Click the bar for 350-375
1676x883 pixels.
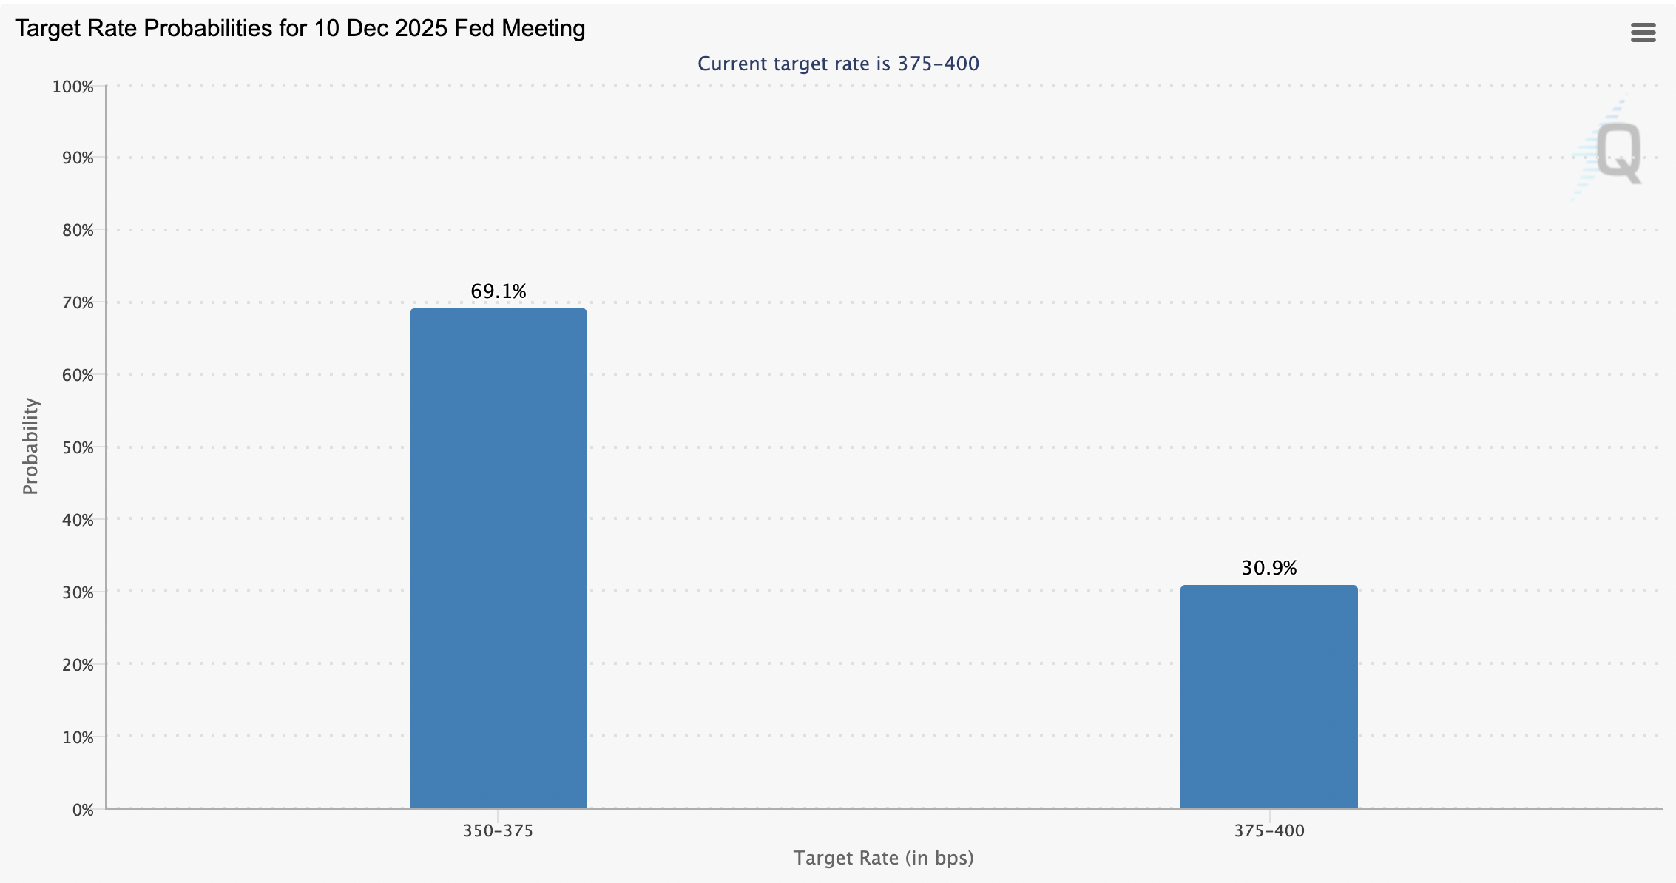click(498, 558)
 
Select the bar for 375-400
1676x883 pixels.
click(1268, 697)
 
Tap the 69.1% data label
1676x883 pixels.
click(498, 291)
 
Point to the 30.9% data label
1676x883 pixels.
click(1268, 568)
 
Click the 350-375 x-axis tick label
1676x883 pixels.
click(498, 830)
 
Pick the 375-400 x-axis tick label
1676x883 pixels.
click(1268, 830)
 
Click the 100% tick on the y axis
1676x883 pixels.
click(72, 87)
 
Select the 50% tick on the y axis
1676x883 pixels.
click(78, 447)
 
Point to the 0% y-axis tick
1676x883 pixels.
click(83, 810)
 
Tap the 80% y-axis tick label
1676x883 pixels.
click(78, 230)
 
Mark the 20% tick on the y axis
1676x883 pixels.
click(78, 665)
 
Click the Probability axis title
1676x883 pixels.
click(30, 446)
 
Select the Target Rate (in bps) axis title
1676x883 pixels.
click(883, 858)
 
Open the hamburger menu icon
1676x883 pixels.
click(1643, 33)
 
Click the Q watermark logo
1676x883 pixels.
click(1617, 152)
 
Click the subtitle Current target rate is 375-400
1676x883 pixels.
click(838, 64)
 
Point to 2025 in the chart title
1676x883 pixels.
click(422, 29)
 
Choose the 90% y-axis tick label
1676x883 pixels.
click(78, 158)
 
